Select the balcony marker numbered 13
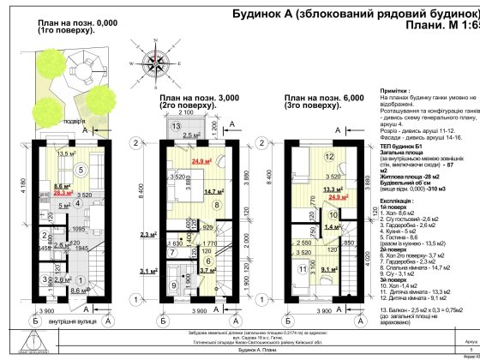(175, 126)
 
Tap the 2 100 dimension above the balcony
(185, 112)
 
